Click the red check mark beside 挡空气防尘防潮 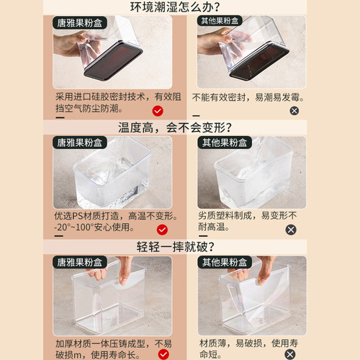(x=159, y=110)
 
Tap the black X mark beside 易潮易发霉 (x=294, y=110)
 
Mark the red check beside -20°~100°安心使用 (x=162, y=230)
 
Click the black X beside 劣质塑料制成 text (x=291, y=230)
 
